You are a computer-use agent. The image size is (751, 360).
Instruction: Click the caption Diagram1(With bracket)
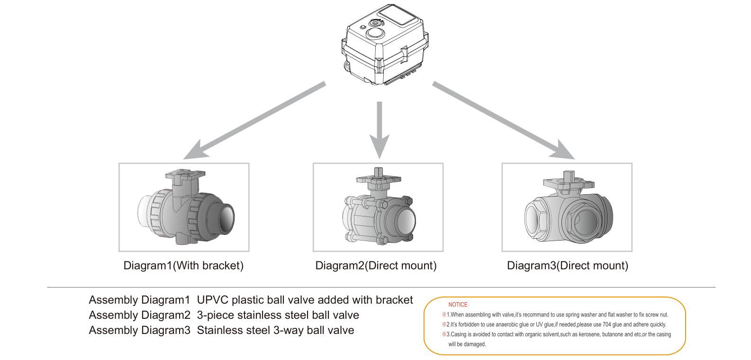point(183,266)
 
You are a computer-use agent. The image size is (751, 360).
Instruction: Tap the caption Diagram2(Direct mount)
point(376,266)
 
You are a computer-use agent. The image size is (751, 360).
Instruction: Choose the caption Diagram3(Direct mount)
point(568,266)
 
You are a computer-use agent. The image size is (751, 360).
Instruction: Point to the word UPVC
point(212,300)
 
